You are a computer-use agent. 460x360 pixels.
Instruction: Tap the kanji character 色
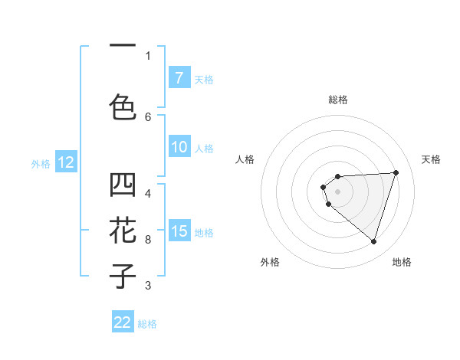(123, 107)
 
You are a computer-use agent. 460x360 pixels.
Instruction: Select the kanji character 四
(123, 185)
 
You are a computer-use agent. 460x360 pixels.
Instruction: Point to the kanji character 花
(123, 231)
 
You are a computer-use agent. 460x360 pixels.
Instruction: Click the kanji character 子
(123, 276)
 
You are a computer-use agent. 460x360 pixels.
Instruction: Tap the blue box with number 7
(179, 78)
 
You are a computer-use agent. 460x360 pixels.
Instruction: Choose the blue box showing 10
(179, 148)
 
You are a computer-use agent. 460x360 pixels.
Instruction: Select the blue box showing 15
(179, 231)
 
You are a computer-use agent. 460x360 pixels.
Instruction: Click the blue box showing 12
(66, 162)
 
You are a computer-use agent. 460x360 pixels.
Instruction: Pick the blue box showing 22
(123, 322)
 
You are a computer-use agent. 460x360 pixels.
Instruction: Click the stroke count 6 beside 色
(148, 116)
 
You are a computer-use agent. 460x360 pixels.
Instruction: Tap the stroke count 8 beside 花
(148, 240)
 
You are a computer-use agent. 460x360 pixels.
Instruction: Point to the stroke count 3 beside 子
(148, 286)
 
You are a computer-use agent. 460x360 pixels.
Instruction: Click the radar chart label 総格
(337, 100)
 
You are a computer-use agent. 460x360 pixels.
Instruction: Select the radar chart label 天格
(431, 159)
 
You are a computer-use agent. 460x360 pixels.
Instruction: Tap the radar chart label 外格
(270, 262)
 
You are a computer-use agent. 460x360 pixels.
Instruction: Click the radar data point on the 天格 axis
(396, 172)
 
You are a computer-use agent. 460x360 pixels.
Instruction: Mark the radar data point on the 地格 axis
(373, 241)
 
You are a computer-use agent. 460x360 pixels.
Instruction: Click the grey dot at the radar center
(337, 191)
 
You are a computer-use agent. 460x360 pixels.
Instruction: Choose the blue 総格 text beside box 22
(147, 324)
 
